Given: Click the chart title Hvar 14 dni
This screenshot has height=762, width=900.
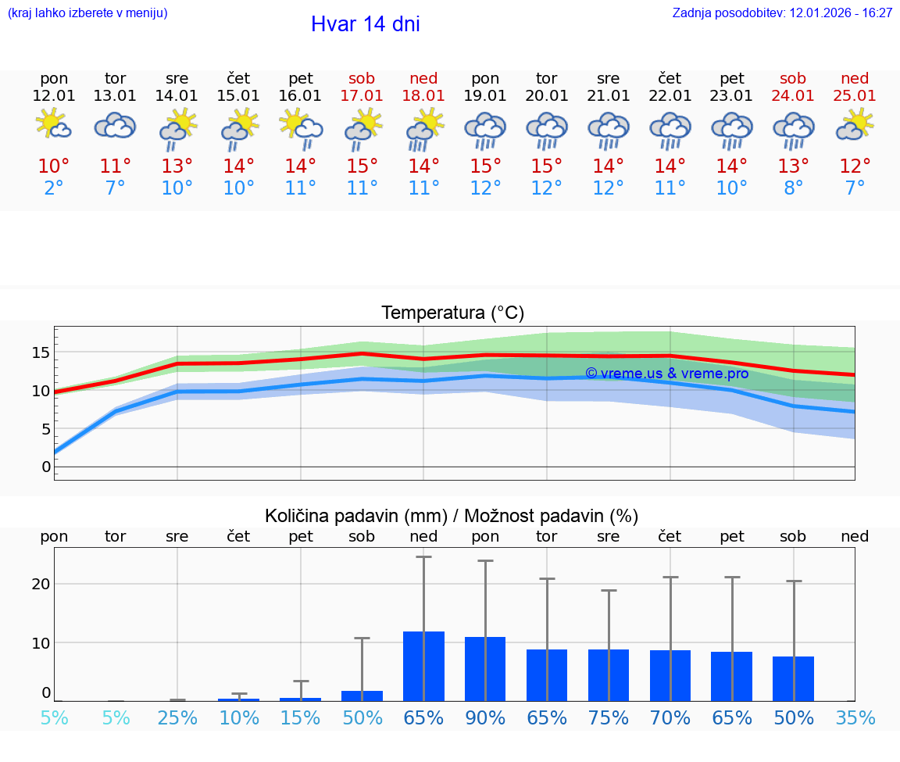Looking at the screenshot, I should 365,24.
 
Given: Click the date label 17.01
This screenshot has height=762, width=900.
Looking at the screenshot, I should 362,96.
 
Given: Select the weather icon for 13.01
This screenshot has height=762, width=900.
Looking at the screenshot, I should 116,126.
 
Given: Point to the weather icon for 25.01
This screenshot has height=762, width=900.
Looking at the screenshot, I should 855,126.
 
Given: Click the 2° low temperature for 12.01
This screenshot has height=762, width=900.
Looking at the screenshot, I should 54,188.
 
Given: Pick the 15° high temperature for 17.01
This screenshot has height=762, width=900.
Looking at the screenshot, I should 362,166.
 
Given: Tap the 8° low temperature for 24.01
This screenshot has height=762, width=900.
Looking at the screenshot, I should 793,188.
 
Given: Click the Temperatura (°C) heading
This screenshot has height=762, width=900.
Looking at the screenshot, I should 452,313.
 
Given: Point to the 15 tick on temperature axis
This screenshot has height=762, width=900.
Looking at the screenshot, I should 41,352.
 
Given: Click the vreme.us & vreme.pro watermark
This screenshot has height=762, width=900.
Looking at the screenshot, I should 666,374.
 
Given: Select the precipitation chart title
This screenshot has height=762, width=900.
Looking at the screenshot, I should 452,516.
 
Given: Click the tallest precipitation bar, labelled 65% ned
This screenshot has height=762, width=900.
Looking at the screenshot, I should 423,666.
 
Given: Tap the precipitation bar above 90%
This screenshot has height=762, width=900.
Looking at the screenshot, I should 485,669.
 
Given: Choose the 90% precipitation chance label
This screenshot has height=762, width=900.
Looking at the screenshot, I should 485,718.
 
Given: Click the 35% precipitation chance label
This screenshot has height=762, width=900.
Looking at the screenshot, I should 855,718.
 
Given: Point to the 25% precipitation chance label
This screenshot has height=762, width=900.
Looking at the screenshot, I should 177,718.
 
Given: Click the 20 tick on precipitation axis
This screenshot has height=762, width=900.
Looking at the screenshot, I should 41,584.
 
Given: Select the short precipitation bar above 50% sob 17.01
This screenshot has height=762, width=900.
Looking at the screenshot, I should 362,696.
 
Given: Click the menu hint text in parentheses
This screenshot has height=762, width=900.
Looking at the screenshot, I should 87,13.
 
